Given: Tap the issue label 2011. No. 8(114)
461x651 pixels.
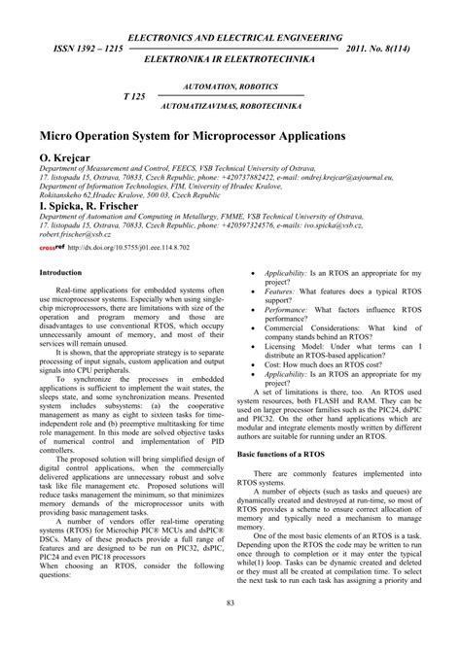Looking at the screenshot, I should pos(384,47).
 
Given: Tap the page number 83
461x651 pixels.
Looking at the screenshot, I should pos(230,632).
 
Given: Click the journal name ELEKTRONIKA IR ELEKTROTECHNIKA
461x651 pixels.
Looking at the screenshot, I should pos(230,60).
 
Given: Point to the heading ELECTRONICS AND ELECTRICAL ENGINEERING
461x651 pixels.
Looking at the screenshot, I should pos(230,33).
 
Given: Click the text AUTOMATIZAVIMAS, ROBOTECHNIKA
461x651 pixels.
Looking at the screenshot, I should pos(230,109).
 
